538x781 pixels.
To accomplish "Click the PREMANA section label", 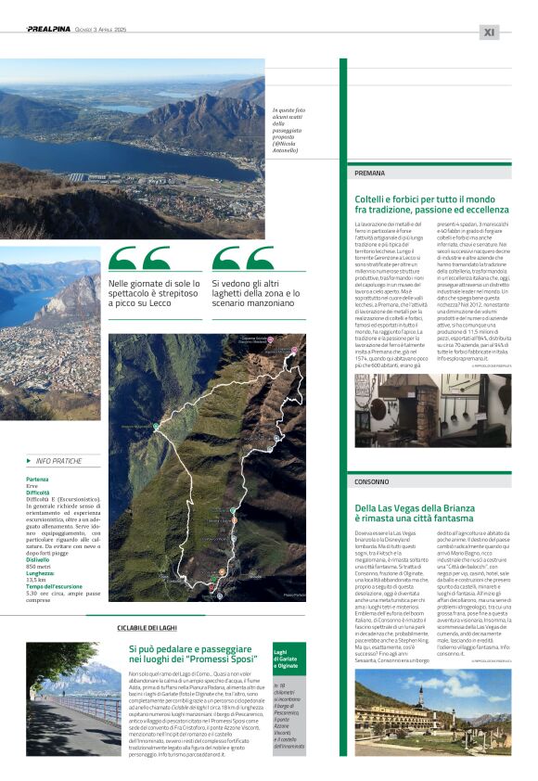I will [371, 173].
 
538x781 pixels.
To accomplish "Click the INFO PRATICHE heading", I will [58, 461].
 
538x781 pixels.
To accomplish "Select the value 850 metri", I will [38, 541].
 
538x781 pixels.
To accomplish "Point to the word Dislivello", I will [38, 533].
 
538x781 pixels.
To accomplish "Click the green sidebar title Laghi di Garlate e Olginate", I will [286, 634].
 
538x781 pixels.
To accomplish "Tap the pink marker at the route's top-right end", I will [295, 350].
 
